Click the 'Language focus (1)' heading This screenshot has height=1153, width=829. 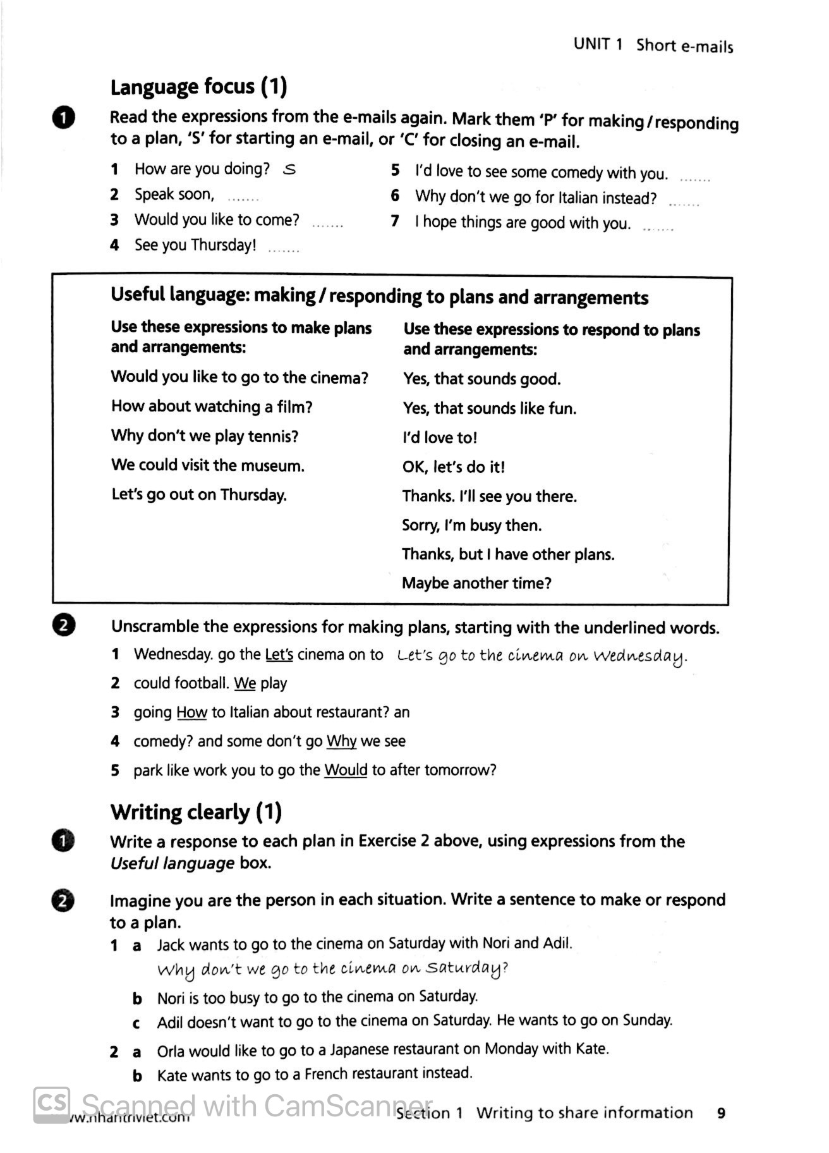point(198,87)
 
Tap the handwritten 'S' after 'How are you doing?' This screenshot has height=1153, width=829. point(289,169)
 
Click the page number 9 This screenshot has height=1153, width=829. point(721,1113)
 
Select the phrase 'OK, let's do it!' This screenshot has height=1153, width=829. point(454,467)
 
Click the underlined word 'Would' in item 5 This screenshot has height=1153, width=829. point(346,770)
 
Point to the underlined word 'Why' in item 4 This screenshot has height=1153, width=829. point(341,741)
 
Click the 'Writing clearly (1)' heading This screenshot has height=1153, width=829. point(196,812)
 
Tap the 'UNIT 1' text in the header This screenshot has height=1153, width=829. point(598,44)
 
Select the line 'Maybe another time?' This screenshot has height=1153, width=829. point(476,583)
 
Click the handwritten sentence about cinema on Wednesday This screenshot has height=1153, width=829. point(542,656)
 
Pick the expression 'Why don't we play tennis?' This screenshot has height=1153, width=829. point(205,436)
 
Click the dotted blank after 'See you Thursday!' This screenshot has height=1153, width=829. point(284,250)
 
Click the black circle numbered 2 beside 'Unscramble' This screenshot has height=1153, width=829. point(64,625)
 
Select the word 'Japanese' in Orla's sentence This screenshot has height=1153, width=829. point(360,1049)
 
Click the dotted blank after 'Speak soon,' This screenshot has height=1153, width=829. point(243,198)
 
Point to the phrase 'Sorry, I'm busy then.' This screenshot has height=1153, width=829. point(471,525)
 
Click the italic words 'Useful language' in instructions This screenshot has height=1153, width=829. point(172,863)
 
